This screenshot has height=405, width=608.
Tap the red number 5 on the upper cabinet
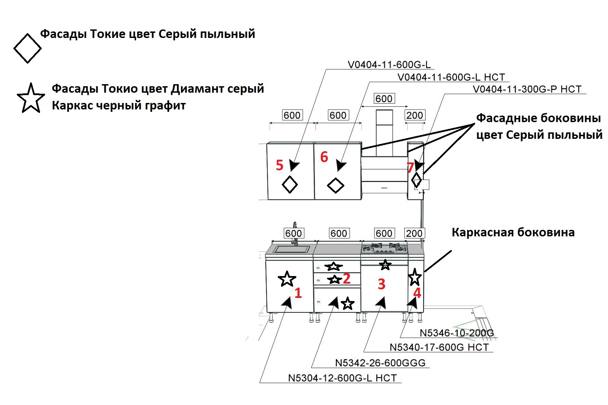click(280, 165)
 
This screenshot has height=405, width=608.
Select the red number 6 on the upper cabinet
click(324, 157)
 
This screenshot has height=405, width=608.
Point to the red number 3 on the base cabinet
click(381, 284)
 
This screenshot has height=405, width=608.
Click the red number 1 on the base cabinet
click(298, 293)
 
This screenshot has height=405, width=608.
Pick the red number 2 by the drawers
click(346, 278)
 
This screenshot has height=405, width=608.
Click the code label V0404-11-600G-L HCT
click(451, 77)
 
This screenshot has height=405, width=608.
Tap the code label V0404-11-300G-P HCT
click(527, 89)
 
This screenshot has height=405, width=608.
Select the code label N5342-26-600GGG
click(380, 363)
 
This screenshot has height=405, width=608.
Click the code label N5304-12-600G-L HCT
click(342, 378)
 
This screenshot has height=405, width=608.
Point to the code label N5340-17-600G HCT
click(439, 347)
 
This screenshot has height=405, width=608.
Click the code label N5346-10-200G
click(457, 333)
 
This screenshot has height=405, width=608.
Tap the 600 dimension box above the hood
click(384, 99)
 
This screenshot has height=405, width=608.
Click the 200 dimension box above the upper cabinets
click(415, 115)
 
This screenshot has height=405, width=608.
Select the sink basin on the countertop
click(291, 249)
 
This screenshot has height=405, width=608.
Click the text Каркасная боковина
click(513, 232)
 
